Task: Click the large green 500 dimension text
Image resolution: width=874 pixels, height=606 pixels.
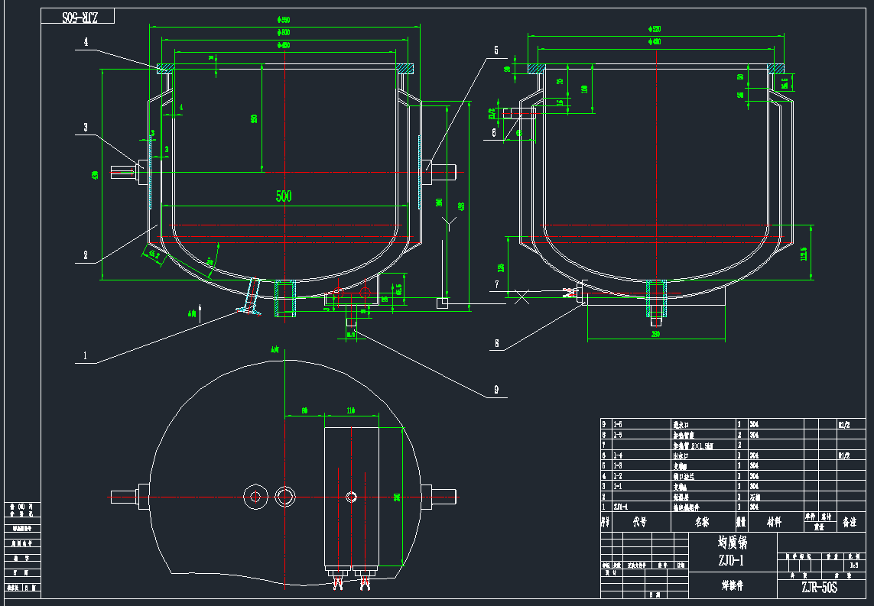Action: coord(284,196)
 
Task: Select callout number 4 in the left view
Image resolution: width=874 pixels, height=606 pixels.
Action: coord(86,43)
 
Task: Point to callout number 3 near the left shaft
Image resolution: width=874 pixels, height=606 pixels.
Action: coord(86,127)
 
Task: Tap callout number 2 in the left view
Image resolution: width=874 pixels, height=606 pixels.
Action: coord(86,255)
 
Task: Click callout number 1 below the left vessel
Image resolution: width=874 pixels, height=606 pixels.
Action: coord(86,355)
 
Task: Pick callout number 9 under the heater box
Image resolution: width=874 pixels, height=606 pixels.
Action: coord(496,390)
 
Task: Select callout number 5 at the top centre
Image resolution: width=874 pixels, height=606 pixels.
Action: coord(495,50)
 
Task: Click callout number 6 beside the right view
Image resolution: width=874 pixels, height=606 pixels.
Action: coord(494,132)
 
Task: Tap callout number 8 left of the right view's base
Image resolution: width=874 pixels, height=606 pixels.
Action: coord(496,343)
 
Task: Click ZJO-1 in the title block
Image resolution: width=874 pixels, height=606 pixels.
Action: coord(732,560)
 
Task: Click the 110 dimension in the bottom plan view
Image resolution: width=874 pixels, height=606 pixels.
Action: coord(351,411)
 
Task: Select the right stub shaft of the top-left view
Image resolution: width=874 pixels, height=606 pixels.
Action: coord(447,171)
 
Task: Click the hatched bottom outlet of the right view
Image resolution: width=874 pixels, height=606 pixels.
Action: coord(657,298)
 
